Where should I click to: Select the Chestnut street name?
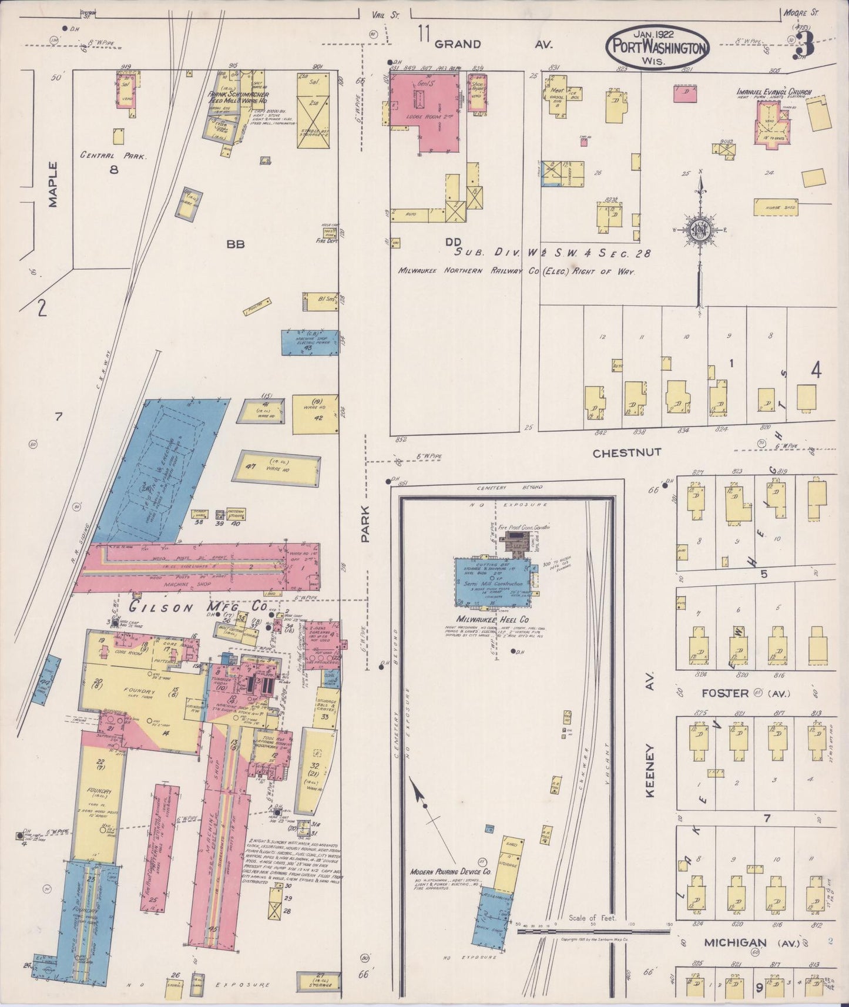click(x=627, y=452)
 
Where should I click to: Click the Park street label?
click(x=366, y=523)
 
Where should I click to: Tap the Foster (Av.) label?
click(x=734, y=693)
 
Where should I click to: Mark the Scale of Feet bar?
click(x=593, y=931)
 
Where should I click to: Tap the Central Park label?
click(x=113, y=156)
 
